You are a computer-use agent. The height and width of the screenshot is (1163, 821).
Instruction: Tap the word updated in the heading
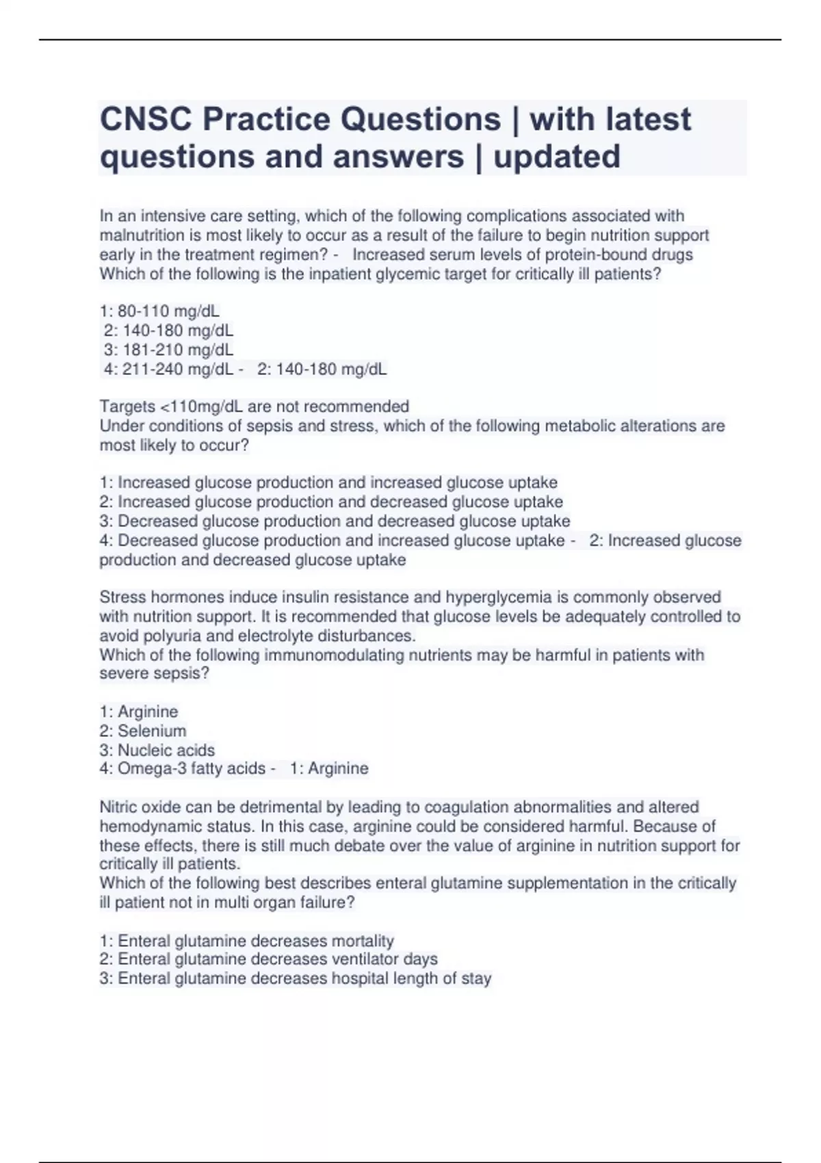click(557, 157)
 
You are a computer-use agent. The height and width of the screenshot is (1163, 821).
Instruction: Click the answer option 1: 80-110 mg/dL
click(159, 311)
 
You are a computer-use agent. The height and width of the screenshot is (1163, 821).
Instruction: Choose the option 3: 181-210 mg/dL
click(168, 350)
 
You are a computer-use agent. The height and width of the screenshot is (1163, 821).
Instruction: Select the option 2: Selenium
click(142, 731)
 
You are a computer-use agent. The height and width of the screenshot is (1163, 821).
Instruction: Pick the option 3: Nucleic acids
click(157, 750)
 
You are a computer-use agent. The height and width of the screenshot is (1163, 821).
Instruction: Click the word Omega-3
click(146, 768)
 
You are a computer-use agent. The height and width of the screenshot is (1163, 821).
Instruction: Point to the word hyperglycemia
click(508, 597)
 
